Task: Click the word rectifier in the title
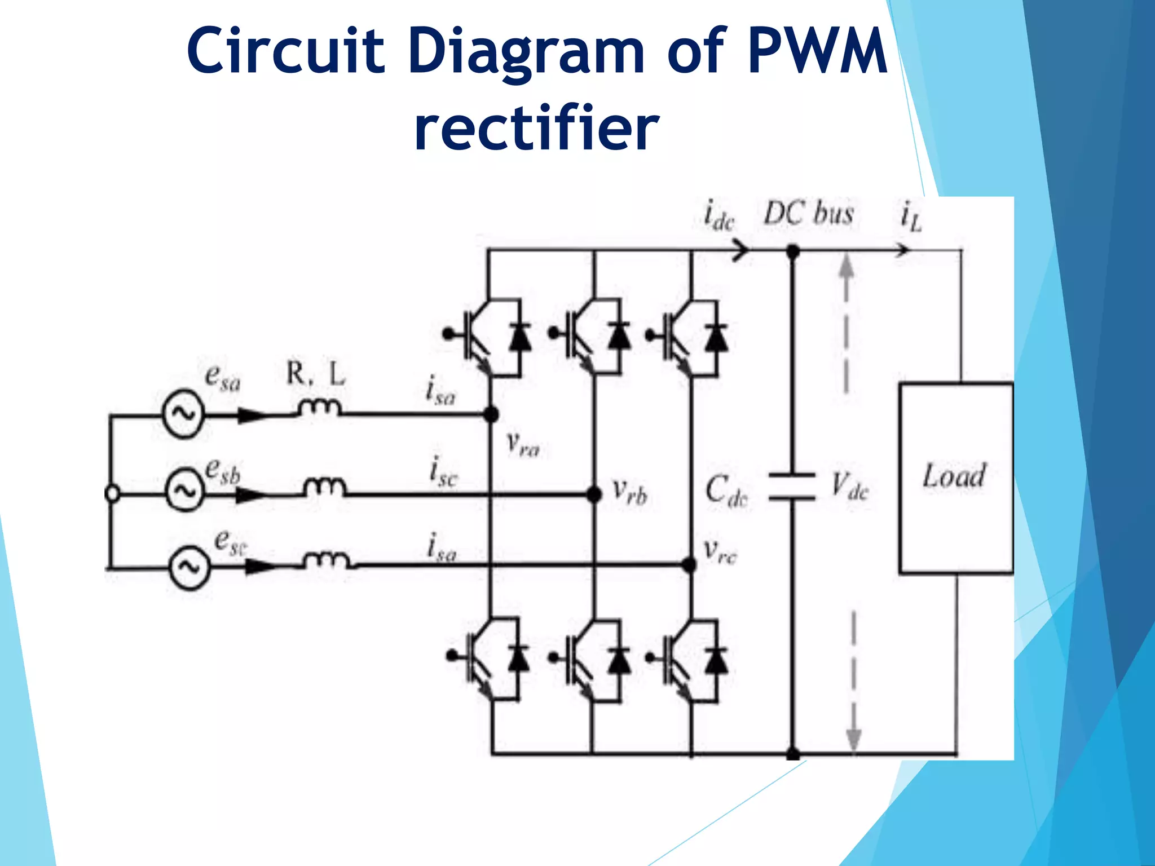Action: coord(536,129)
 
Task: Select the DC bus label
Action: coord(808,214)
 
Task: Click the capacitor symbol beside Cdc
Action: coord(792,487)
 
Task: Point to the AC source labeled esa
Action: coord(183,415)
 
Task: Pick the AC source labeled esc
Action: coord(189,567)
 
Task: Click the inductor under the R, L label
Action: coord(320,408)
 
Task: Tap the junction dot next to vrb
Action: coord(594,494)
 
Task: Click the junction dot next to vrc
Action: coord(689,564)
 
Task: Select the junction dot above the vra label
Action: coord(491,415)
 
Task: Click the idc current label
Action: coord(718,215)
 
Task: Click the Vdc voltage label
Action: coord(849,486)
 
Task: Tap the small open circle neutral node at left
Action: coord(112,494)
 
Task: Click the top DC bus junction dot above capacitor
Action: coord(792,251)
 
